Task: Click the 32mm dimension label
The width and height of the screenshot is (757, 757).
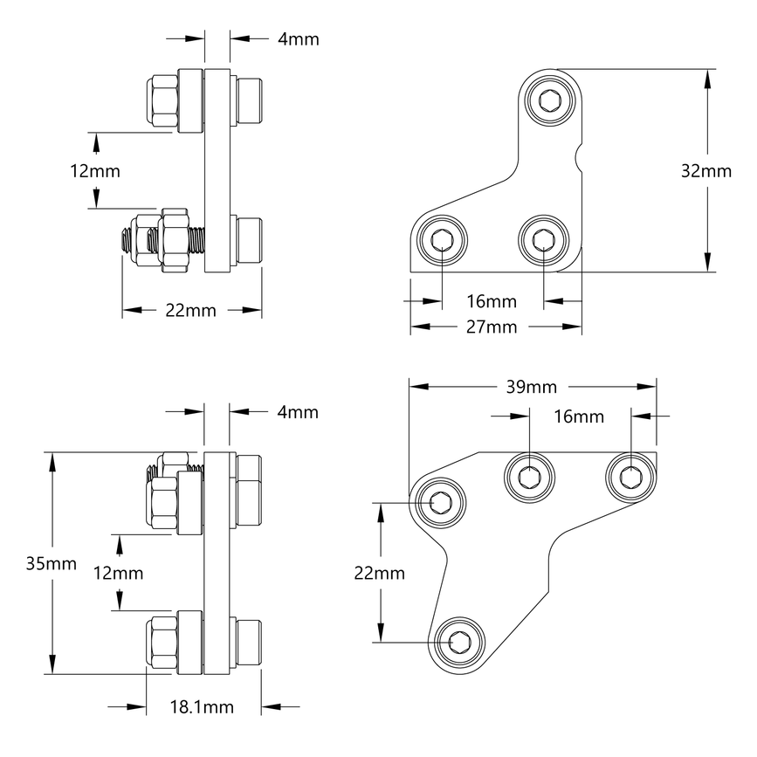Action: [705, 171]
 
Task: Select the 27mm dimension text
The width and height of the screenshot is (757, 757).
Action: [491, 327]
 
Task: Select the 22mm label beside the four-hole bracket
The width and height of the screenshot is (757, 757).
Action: [380, 573]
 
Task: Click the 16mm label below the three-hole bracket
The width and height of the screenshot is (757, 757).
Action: [491, 301]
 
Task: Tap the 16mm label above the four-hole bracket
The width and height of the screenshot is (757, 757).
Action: [578, 416]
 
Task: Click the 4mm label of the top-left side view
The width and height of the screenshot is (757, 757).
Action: [298, 38]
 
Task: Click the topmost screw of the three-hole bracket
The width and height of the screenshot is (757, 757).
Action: [551, 100]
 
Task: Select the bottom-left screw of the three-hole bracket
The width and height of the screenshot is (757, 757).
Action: [442, 240]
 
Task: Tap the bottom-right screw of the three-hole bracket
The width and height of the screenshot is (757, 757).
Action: [544, 237]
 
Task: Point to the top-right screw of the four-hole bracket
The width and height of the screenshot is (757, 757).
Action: [632, 477]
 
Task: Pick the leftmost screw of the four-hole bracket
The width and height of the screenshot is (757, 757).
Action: [439, 502]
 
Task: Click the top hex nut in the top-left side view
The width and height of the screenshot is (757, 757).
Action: [161, 100]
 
